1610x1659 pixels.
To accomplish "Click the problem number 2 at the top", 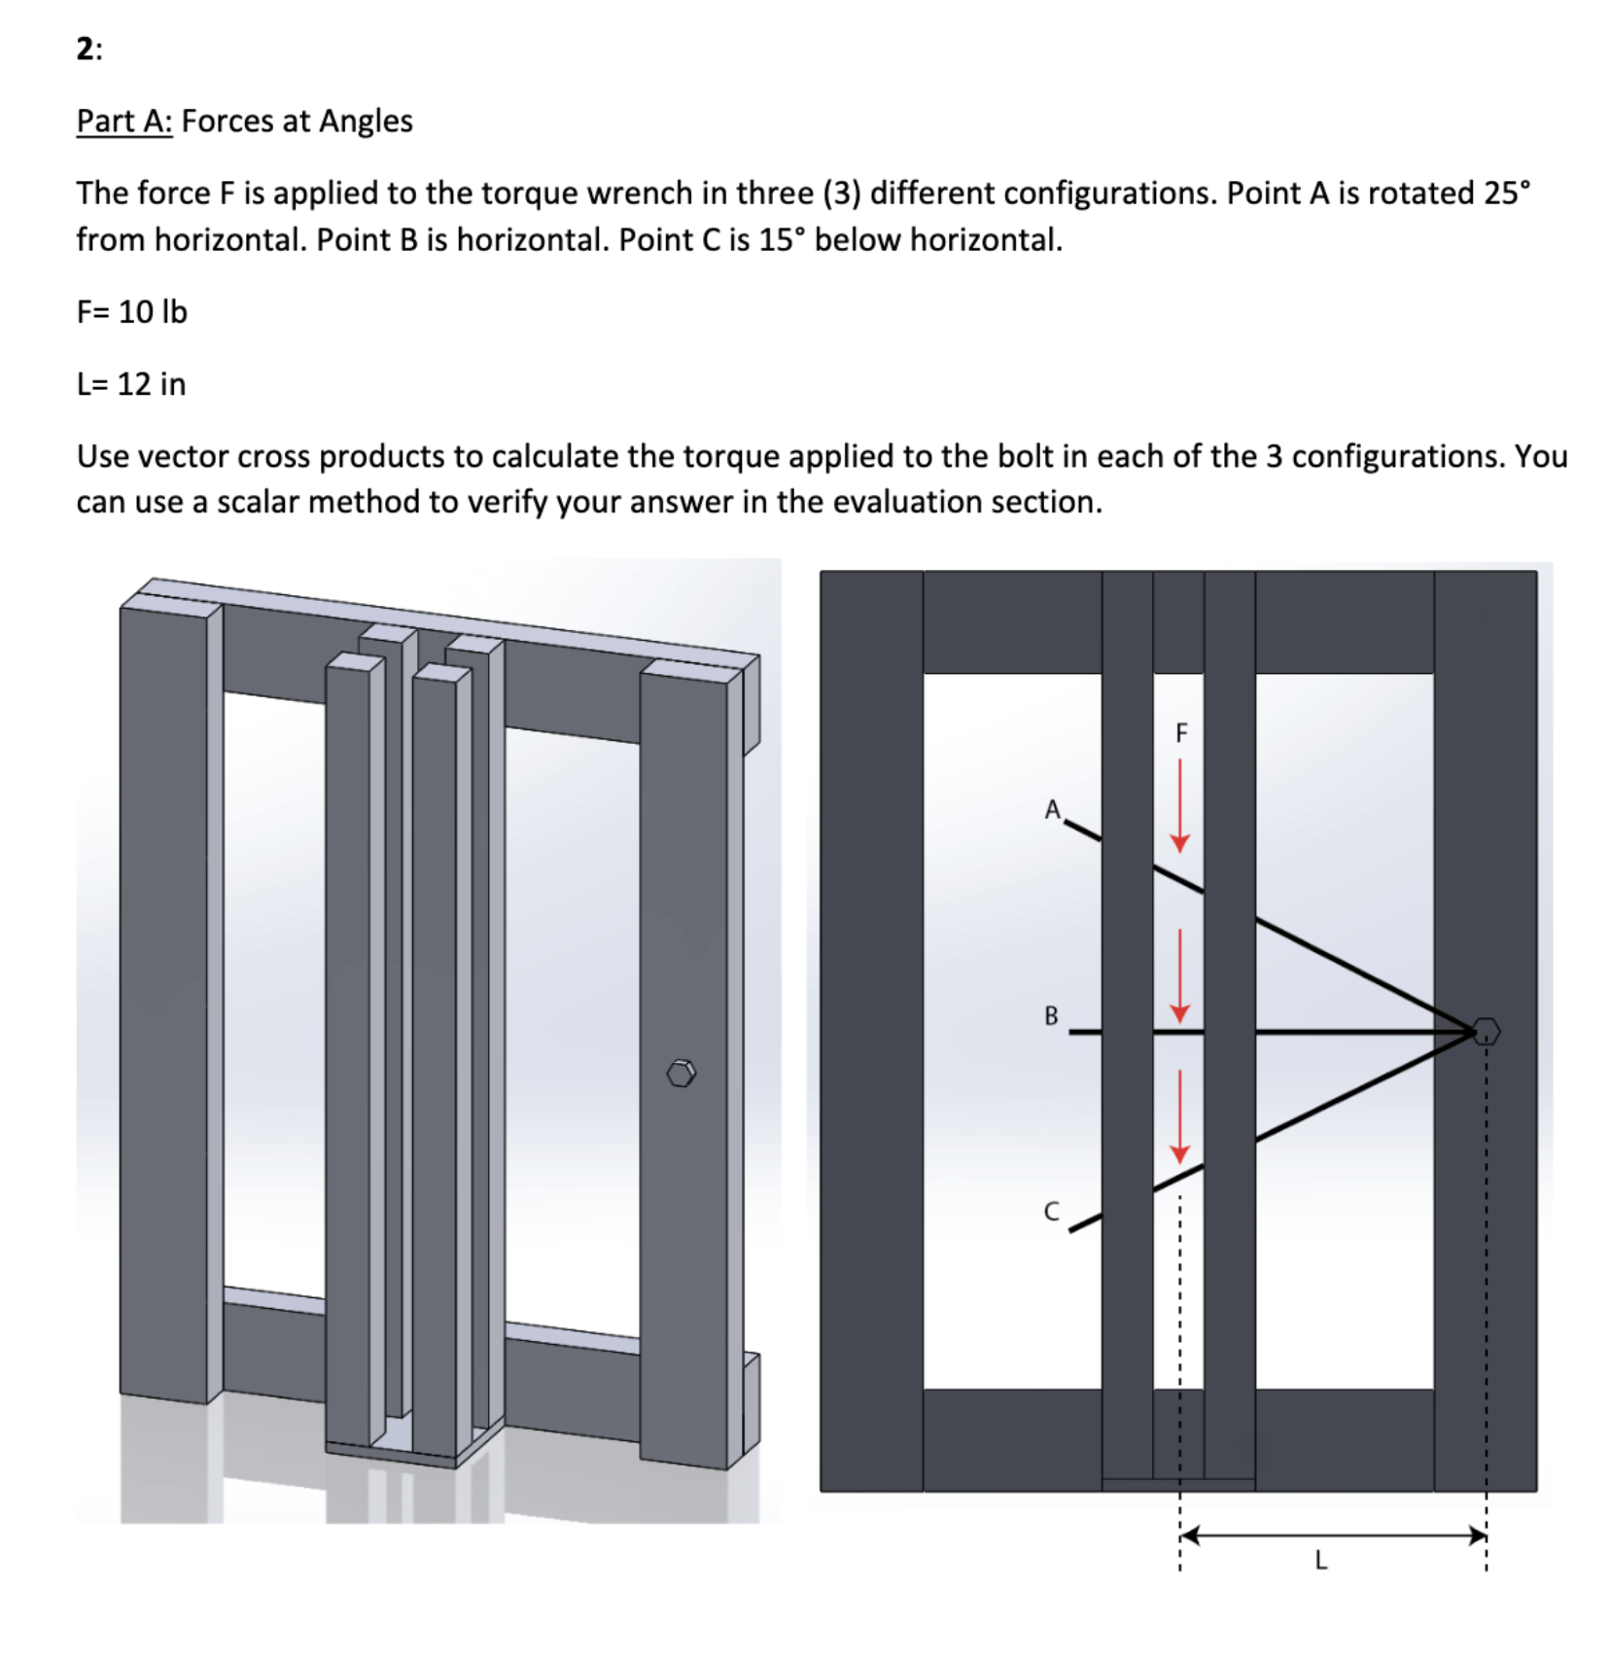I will pos(86,49).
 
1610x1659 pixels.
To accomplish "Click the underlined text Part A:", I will pos(124,122).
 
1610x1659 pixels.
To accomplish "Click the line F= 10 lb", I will pos(131,312).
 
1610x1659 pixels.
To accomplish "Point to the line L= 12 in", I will pos(131,384).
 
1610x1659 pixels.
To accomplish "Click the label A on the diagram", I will pos(1052,810).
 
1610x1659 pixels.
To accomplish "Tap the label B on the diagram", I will pos(1051,1016).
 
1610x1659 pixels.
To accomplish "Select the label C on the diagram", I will pos(1051,1212).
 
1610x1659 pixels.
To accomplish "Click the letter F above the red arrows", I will pos(1181,733).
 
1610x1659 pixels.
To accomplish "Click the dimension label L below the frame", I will pos(1319,1561).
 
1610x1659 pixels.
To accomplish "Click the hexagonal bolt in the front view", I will pos(1486,1032).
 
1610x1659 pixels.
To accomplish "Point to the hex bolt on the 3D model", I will pos(682,1074).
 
